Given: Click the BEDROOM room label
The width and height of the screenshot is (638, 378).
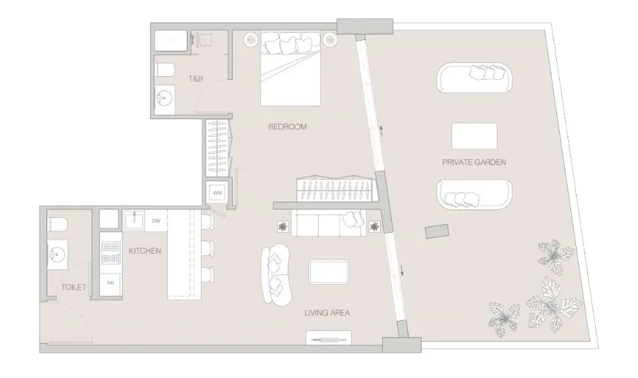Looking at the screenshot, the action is click(x=287, y=127).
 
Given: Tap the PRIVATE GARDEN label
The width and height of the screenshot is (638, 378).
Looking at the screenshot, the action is click(x=474, y=162).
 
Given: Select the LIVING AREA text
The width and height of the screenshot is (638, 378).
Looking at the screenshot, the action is click(x=327, y=313).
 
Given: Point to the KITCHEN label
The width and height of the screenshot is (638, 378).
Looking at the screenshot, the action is click(x=145, y=251).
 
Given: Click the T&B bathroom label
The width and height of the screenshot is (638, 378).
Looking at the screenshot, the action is click(x=196, y=79).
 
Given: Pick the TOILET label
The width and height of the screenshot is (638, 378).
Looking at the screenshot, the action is click(x=73, y=287).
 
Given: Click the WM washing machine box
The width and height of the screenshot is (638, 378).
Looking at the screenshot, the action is click(x=217, y=193).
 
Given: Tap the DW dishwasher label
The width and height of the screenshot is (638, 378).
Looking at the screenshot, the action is click(x=156, y=221).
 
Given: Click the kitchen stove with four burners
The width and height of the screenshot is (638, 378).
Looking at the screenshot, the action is click(x=111, y=252).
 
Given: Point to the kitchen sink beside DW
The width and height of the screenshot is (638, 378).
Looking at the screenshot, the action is click(x=134, y=221).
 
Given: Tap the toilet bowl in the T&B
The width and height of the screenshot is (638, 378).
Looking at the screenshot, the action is click(x=164, y=70).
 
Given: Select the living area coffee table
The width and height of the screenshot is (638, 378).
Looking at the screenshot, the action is click(x=329, y=272).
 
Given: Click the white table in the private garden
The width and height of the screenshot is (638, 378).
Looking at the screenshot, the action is click(x=474, y=136).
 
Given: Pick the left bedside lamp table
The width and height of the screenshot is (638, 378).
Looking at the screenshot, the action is click(x=252, y=40).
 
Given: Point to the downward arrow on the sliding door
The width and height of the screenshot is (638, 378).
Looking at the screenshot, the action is click(x=402, y=270).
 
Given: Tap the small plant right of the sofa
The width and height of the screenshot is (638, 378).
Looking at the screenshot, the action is click(x=375, y=226).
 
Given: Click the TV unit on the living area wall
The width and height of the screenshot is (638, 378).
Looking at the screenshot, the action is click(x=329, y=338).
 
